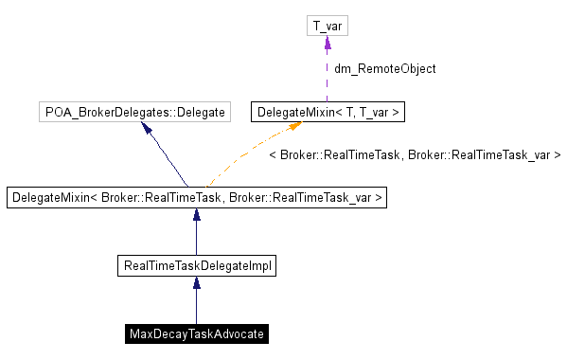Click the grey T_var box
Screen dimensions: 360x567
point(328,26)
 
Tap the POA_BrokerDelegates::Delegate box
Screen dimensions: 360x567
point(135,113)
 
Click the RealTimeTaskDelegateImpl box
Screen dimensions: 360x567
point(198,266)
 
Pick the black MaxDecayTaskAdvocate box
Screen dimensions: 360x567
point(196,334)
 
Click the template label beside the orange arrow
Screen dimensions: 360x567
point(415,153)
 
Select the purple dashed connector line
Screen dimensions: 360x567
point(328,76)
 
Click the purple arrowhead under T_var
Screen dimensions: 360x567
point(328,44)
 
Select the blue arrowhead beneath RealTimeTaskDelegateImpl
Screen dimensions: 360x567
point(196,284)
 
